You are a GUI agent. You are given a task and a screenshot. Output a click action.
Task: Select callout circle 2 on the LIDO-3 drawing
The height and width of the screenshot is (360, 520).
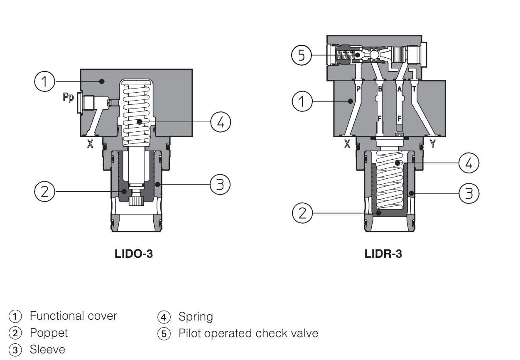[45, 191]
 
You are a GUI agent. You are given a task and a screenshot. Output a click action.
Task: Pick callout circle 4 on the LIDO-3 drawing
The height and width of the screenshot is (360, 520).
[220, 122]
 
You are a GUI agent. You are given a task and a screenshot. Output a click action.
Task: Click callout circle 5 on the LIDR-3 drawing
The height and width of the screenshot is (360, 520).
[302, 55]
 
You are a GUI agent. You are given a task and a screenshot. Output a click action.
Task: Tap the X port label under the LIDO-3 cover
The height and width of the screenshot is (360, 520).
[90, 144]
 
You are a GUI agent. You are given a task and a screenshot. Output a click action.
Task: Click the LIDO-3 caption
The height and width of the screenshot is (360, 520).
[134, 254]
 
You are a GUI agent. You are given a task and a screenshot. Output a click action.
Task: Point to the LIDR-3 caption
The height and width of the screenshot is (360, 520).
[383, 254]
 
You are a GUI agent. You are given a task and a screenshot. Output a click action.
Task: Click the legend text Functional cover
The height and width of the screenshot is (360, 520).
[73, 316]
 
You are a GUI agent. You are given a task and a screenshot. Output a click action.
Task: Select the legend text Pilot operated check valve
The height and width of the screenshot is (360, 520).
[248, 333]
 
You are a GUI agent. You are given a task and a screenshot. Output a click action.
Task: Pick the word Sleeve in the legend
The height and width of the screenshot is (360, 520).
[47, 350]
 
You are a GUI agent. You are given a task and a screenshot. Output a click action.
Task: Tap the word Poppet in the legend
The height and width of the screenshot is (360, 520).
[49, 333]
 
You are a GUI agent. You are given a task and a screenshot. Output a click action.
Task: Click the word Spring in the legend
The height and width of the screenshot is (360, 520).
[196, 317]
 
